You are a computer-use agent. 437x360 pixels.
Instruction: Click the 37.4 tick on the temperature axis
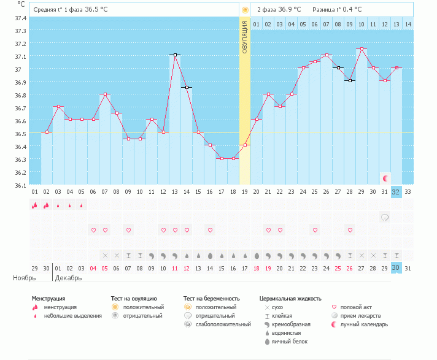pos(21,18)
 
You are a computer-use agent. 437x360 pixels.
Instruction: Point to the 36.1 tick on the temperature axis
pos(21,185)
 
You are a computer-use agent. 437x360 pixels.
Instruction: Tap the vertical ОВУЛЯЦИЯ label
pos(244,36)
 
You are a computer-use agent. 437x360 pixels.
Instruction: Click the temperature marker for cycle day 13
pos(175,55)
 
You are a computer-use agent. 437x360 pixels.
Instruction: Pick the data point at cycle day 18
pos(233,158)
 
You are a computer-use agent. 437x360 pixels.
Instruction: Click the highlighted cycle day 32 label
pos(396,191)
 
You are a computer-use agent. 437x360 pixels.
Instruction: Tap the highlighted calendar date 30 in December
pos(396,267)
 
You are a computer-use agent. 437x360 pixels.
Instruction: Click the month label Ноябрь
pos(25,278)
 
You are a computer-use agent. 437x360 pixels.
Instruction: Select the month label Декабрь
pos(68,278)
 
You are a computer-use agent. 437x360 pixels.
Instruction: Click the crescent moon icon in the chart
pos(385,178)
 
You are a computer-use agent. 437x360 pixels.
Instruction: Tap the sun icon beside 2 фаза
pos(245,10)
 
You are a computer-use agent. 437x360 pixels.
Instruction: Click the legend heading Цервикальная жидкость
pos(290,299)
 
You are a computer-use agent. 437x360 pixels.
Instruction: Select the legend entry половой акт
pos(357,307)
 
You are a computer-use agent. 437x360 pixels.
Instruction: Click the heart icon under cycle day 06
pos(93,230)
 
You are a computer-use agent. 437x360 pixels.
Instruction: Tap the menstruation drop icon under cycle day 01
pos(35,205)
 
